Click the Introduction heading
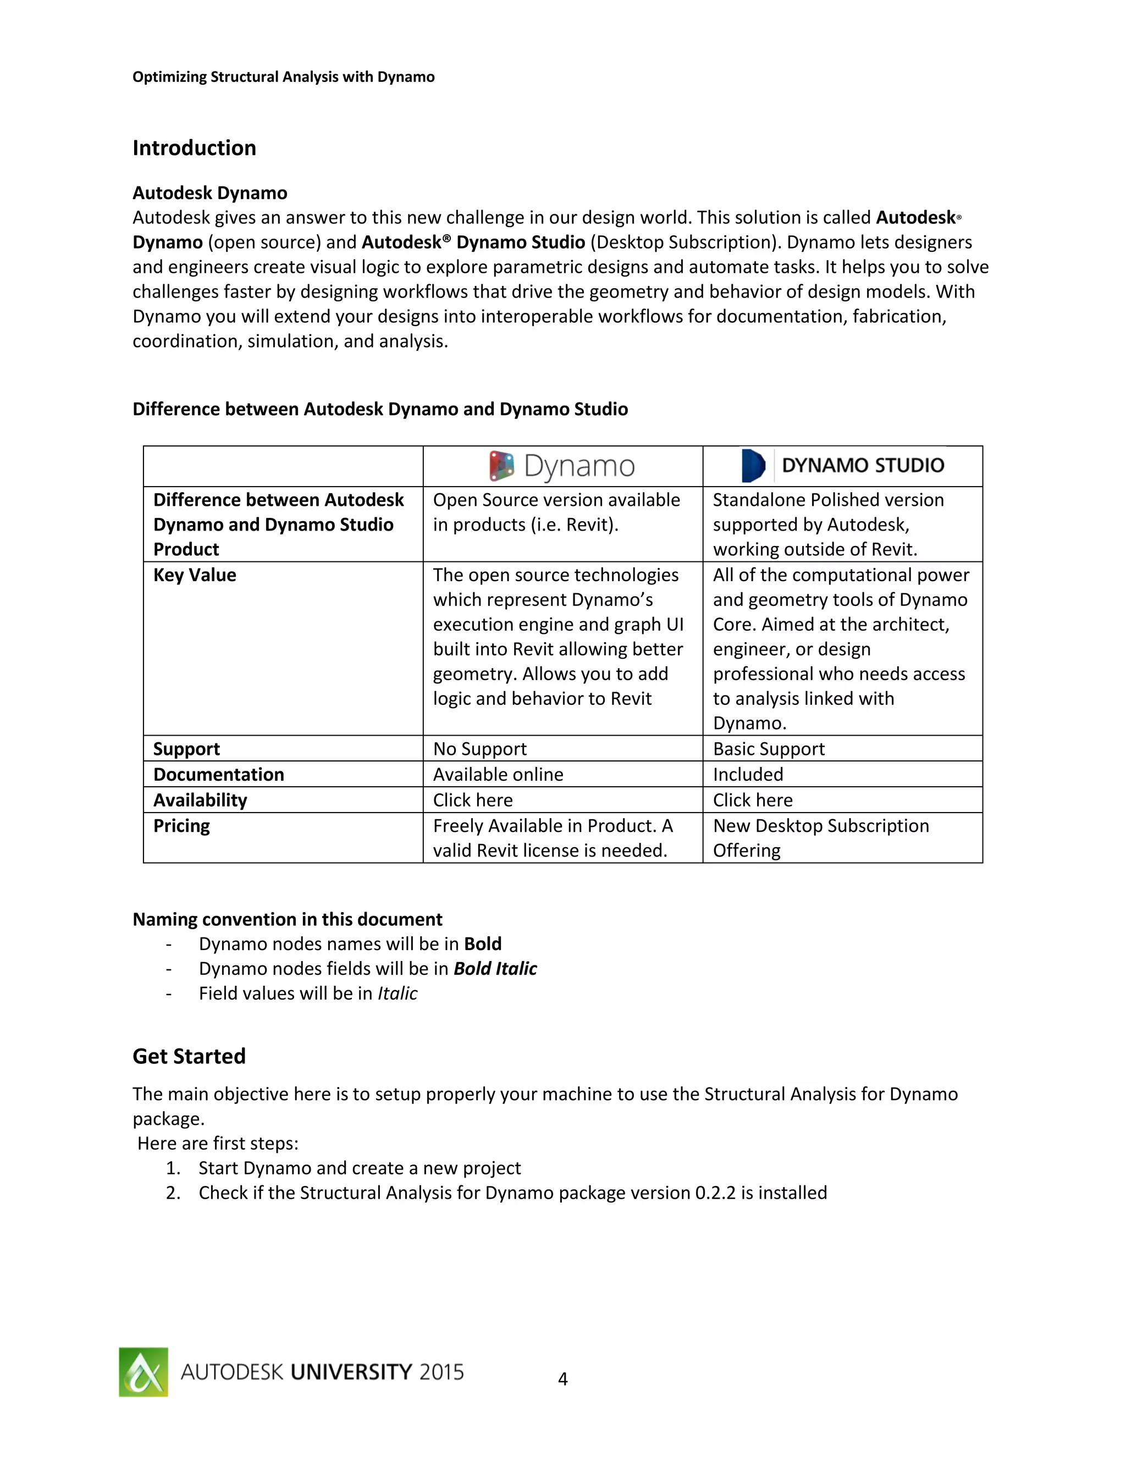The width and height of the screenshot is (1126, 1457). [x=194, y=147]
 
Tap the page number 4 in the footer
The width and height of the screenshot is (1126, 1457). [x=562, y=1379]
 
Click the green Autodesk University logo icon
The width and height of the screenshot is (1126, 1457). [x=143, y=1372]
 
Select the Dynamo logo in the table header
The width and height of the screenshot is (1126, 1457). [x=562, y=466]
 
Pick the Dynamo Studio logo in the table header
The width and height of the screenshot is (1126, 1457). [x=842, y=465]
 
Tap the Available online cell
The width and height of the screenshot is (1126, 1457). [x=498, y=774]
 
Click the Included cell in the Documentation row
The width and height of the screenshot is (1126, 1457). [x=748, y=774]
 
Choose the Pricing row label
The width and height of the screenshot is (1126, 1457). [x=181, y=826]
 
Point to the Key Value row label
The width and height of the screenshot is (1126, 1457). [x=195, y=575]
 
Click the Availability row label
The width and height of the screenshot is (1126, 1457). [x=200, y=800]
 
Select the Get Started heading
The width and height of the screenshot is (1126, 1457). [x=189, y=1056]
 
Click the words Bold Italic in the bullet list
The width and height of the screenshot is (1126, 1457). [x=495, y=969]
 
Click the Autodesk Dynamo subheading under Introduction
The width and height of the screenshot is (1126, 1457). [x=209, y=193]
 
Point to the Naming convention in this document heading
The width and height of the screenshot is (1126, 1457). [x=287, y=919]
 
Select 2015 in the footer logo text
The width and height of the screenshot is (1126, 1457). [x=441, y=1372]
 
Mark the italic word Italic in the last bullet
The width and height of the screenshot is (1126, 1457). [x=397, y=994]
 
